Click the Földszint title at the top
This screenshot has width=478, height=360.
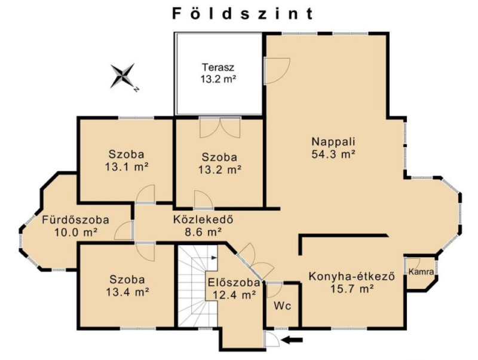point(243,14)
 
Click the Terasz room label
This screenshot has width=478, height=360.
point(218,67)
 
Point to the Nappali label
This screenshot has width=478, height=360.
point(333,142)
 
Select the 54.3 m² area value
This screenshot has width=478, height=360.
point(333,154)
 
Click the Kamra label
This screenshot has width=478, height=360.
point(421,271)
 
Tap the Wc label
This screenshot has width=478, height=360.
point(282,306)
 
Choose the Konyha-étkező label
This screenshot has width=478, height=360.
point(352,276)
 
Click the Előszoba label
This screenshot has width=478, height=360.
point(234,283)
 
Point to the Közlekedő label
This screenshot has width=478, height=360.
point(203,219)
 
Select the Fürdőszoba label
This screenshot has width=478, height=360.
point(76,220)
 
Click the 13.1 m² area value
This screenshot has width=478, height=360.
point(127,167)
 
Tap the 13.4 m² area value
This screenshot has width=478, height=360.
point(127,292)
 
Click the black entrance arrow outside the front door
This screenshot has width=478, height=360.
point(292,340)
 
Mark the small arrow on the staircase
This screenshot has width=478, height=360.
point(213,258)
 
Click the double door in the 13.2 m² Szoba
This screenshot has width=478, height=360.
point(220,128)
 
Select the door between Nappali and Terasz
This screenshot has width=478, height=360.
point(277,71)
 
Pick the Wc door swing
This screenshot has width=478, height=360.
point(274,291)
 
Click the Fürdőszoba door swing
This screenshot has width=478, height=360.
point(124,231)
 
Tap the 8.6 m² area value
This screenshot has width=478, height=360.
point(203,232)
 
